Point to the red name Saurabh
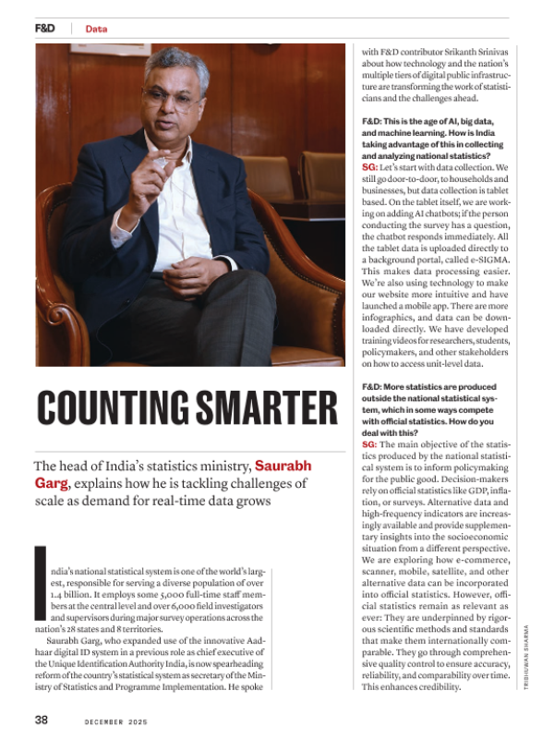(283, 465)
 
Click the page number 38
(42, 719)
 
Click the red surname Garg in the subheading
(53, 482)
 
